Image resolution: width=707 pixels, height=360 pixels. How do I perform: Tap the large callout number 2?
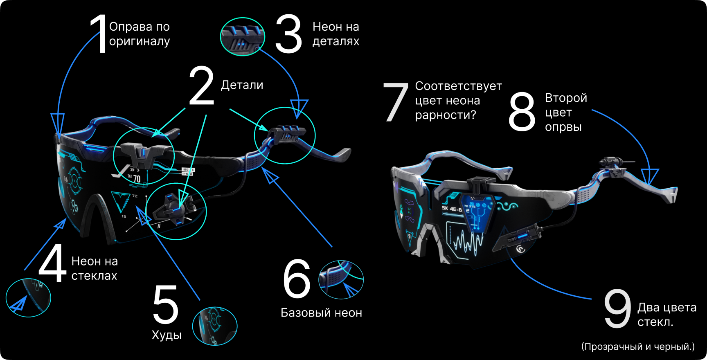(x=201, y=85)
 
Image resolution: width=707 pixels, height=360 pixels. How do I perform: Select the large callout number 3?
(x=288, y=34)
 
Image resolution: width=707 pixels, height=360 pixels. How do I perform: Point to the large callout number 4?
(x=52, y=263)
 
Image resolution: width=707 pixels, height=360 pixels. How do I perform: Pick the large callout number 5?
(x=166, y=305)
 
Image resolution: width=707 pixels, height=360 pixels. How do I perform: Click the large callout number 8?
(x=522, y=111)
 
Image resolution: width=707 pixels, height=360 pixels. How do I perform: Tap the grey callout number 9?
(x=617, y=308)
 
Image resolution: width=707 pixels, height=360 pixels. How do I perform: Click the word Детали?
(x=242, y=85)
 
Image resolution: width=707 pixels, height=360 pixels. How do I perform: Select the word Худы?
(x=167, y=335)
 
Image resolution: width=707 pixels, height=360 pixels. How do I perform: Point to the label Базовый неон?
(x=321, y=313)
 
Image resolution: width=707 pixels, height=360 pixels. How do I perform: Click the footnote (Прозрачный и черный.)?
(x=638, y=346)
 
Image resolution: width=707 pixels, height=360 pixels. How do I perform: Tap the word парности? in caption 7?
(x=446, y=115)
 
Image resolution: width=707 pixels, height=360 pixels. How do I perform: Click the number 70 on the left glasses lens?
(x=137, y=178)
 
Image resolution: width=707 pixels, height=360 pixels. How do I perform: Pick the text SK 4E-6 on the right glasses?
(x=452, y=209)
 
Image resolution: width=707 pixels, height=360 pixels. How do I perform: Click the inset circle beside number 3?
(x=243, y=37)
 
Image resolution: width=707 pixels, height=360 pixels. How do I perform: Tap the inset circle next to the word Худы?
(x=215, y=326)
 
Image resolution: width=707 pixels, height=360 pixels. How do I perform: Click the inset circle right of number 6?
(x=341, y=280)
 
